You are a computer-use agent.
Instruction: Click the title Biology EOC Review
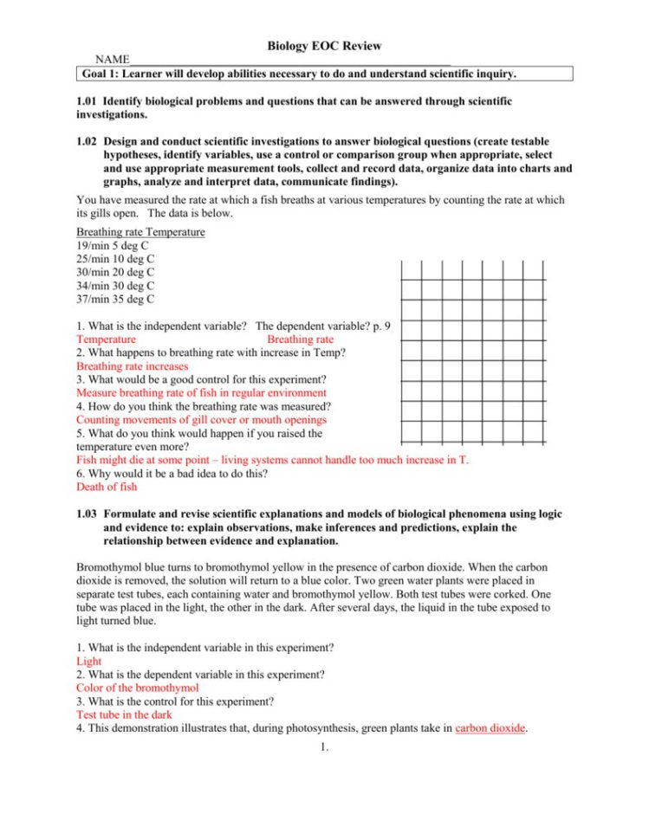coord(324,46)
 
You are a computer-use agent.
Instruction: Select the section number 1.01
coord(88,101)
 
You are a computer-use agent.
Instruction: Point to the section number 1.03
coord(88,514)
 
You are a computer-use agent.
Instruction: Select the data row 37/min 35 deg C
coord(115,300)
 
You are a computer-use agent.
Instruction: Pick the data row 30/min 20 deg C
coord(115,273)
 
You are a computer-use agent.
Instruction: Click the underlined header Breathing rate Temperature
coord(140,232)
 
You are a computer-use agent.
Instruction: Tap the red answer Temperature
coord(106,340)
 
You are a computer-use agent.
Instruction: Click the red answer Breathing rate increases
coord(132,366)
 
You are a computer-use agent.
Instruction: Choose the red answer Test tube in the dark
coord(124,715)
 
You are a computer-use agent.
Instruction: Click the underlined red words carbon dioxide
coord(490,729)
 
